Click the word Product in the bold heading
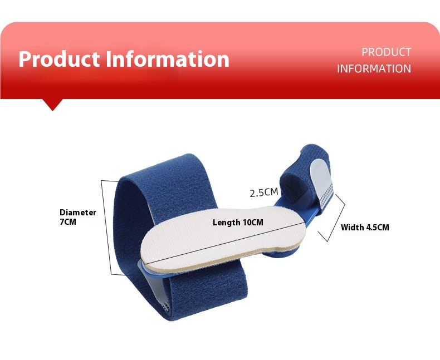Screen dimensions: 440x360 click(x=59, y=59)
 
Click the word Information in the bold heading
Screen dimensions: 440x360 click(x=168, y=59)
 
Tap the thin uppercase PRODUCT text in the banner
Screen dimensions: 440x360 click(x=386, y=52)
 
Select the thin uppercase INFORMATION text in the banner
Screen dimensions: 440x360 click(x=374, y=68)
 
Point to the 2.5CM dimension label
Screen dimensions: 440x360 click(x=264, y=193)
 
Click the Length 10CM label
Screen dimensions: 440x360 click(x=238, y=223)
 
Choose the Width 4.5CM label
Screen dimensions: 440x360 click(x=365, y=227)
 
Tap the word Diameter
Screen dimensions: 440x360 click(x=78, y=212)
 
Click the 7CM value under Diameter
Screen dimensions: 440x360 click(x=68, y=222)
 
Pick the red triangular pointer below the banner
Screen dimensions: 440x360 click(x=52, y=105)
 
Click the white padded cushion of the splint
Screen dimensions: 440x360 click(x=223, y=238)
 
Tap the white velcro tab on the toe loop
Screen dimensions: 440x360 click(x=321, y=183)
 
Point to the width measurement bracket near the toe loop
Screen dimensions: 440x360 click(x=334, y=218)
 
